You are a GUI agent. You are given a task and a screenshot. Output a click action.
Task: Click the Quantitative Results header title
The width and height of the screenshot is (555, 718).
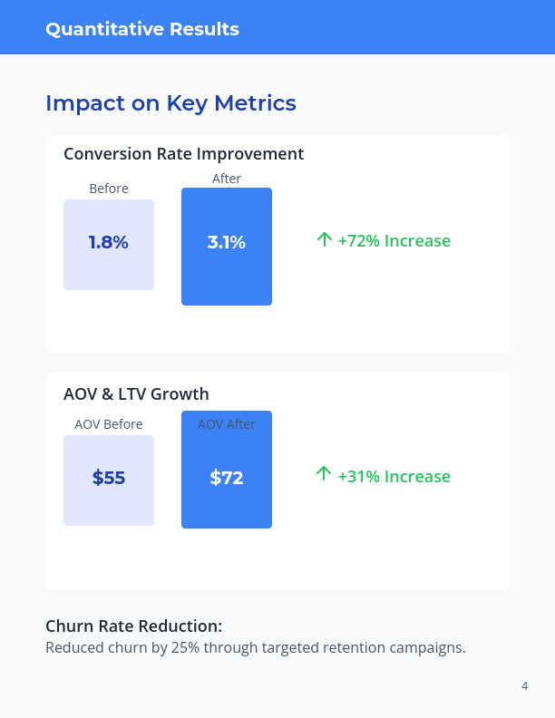142,29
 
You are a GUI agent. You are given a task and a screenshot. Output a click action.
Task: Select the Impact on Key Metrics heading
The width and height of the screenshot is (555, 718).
170,103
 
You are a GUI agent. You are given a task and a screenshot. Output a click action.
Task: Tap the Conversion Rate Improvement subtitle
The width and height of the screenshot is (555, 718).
183,154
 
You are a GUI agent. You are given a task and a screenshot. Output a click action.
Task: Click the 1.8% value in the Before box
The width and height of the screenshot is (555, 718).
109,243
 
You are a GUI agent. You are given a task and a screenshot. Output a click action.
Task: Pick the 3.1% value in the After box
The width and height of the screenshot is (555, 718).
227,243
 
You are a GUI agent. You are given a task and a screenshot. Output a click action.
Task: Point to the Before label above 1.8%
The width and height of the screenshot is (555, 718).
109,189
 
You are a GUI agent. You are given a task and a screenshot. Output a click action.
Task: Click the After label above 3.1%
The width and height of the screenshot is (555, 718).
227,179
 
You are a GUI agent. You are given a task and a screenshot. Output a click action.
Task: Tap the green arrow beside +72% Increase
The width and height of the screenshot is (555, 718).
324,239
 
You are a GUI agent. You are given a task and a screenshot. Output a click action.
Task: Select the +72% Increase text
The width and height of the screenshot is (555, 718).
394,241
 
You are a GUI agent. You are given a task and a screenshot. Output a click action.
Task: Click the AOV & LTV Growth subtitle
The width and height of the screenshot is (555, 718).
136,394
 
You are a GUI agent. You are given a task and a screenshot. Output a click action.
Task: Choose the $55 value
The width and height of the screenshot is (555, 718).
109,478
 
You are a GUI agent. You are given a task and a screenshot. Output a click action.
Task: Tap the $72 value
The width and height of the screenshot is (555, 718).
227,478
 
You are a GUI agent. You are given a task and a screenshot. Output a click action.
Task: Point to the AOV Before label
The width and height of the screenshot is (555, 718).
109,424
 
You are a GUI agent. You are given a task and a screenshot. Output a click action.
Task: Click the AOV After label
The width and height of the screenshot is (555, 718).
227,424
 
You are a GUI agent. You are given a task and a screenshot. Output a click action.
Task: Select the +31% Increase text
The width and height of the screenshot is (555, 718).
394,477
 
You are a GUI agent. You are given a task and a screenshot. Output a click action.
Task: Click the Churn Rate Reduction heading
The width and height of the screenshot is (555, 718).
133,626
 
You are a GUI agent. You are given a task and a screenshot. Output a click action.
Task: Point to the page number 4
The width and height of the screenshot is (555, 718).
524,686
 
